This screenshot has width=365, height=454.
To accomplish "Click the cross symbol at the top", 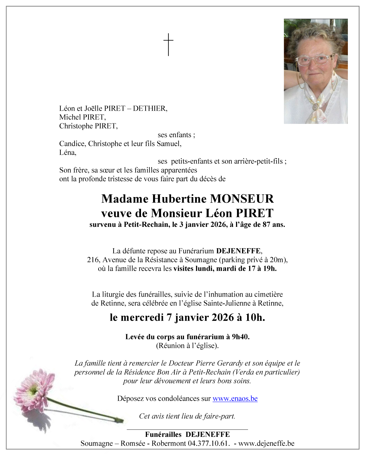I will (168, 44).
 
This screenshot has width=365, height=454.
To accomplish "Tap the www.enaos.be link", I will (235, 399).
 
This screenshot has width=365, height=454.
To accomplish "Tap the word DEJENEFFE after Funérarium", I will (238, 251).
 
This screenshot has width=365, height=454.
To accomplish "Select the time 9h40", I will (241, 337).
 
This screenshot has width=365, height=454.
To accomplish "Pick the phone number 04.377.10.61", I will (208, 443).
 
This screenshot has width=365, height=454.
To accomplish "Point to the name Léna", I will (68, 153).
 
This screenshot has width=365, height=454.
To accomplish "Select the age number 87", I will (266, 224).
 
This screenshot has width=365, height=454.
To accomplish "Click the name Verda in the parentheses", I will (244, 372).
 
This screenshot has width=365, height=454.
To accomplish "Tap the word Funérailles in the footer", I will (163, 434).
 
